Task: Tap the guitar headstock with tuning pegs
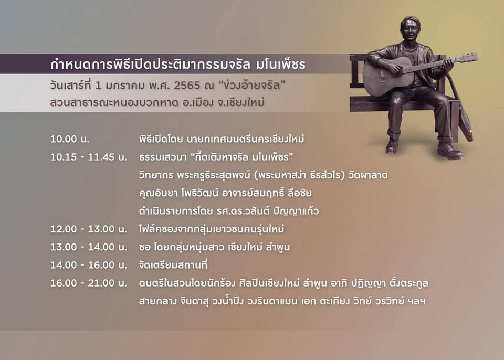(x=467, y=58)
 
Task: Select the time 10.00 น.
(x=70, y=139)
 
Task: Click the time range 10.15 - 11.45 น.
(x=89, y=157)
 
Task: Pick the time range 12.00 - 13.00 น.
(x=89, y=229)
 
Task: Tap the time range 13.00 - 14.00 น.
(x=89, y=247)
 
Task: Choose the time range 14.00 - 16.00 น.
(x=89, y=265)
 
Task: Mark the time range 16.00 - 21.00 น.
(x=89, y=283)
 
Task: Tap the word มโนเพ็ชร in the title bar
(x=280, y=64)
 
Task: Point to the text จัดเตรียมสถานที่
(x=173, y=265)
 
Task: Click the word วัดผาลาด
(x=368, y=175)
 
